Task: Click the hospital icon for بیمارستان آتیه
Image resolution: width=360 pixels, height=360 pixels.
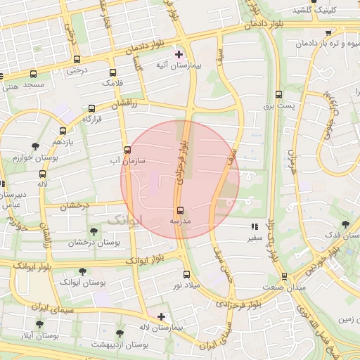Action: pyautogui.click(x=179, y=54)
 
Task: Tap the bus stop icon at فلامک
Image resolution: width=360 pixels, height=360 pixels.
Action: pyautogui.click(x=112, y=72)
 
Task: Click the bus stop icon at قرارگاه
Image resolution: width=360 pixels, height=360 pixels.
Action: pyautogui.click(x=91, y=109)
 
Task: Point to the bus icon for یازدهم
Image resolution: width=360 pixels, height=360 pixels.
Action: pyautogui.click(x=63, y=131)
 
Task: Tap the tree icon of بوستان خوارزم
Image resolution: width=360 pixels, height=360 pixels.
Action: pyautogui.click(x=35, y=146)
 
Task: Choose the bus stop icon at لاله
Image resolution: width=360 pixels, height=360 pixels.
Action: pyautogui.click(x=43, y=174)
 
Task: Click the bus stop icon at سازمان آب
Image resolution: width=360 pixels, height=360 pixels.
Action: pyautogui.click(x=127, y=150)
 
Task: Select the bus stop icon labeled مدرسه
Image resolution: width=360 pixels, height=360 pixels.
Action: pyautogui.click(x=181, y=210)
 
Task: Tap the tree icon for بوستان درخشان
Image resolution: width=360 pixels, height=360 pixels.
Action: pyautogui.click(x=94, y=231)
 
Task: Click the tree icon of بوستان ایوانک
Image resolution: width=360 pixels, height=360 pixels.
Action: pyautogui.click(x=82, y=271)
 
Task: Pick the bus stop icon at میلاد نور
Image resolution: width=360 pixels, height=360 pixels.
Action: pyautogui.click(x=186, y=275)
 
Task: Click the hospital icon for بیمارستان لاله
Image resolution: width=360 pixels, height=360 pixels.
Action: pyautogui.click(x=162, y=317)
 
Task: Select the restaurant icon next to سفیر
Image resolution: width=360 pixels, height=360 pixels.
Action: pyautogui.click(x=255, y=227)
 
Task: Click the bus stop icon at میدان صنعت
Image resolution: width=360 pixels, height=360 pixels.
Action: pyautogui.click(x=284, y=276)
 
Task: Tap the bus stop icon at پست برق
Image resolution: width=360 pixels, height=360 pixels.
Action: pyautogui.click(x=279, y=94)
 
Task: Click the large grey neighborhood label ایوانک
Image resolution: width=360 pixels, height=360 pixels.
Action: pyautogui.click(x=125, y=220)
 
